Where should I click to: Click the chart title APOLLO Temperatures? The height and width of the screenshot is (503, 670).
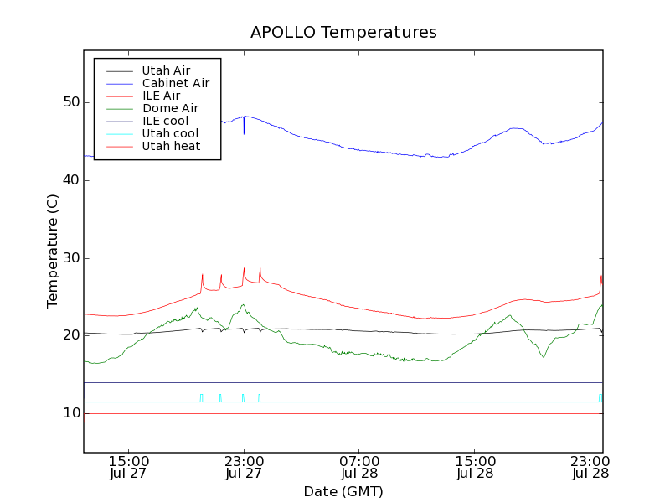[343, 33]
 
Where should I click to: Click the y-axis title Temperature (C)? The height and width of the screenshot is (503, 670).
[52, 251]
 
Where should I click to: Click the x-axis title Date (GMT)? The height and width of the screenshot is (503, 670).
[343, 491]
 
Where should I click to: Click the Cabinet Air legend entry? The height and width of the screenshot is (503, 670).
[175, 83]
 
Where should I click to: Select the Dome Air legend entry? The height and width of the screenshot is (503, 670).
[170, 108]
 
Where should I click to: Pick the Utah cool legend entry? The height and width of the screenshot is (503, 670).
[170, 133]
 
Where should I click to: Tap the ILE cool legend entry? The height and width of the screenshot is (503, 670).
[165, 121]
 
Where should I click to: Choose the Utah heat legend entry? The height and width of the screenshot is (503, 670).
[170, 146]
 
